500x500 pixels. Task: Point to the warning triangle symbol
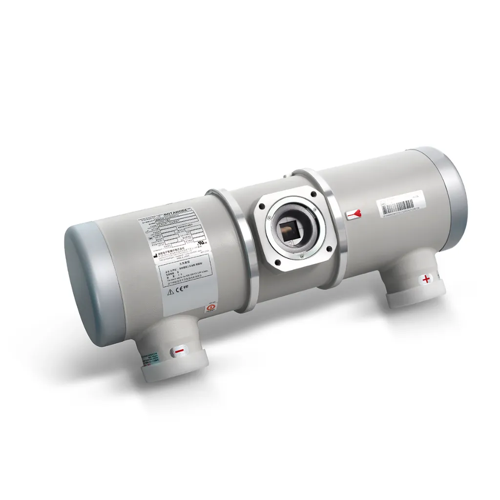(x=171, y=292)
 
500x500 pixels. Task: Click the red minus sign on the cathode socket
(x=179, y=351)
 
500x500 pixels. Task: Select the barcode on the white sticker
(x=399, y=205)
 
